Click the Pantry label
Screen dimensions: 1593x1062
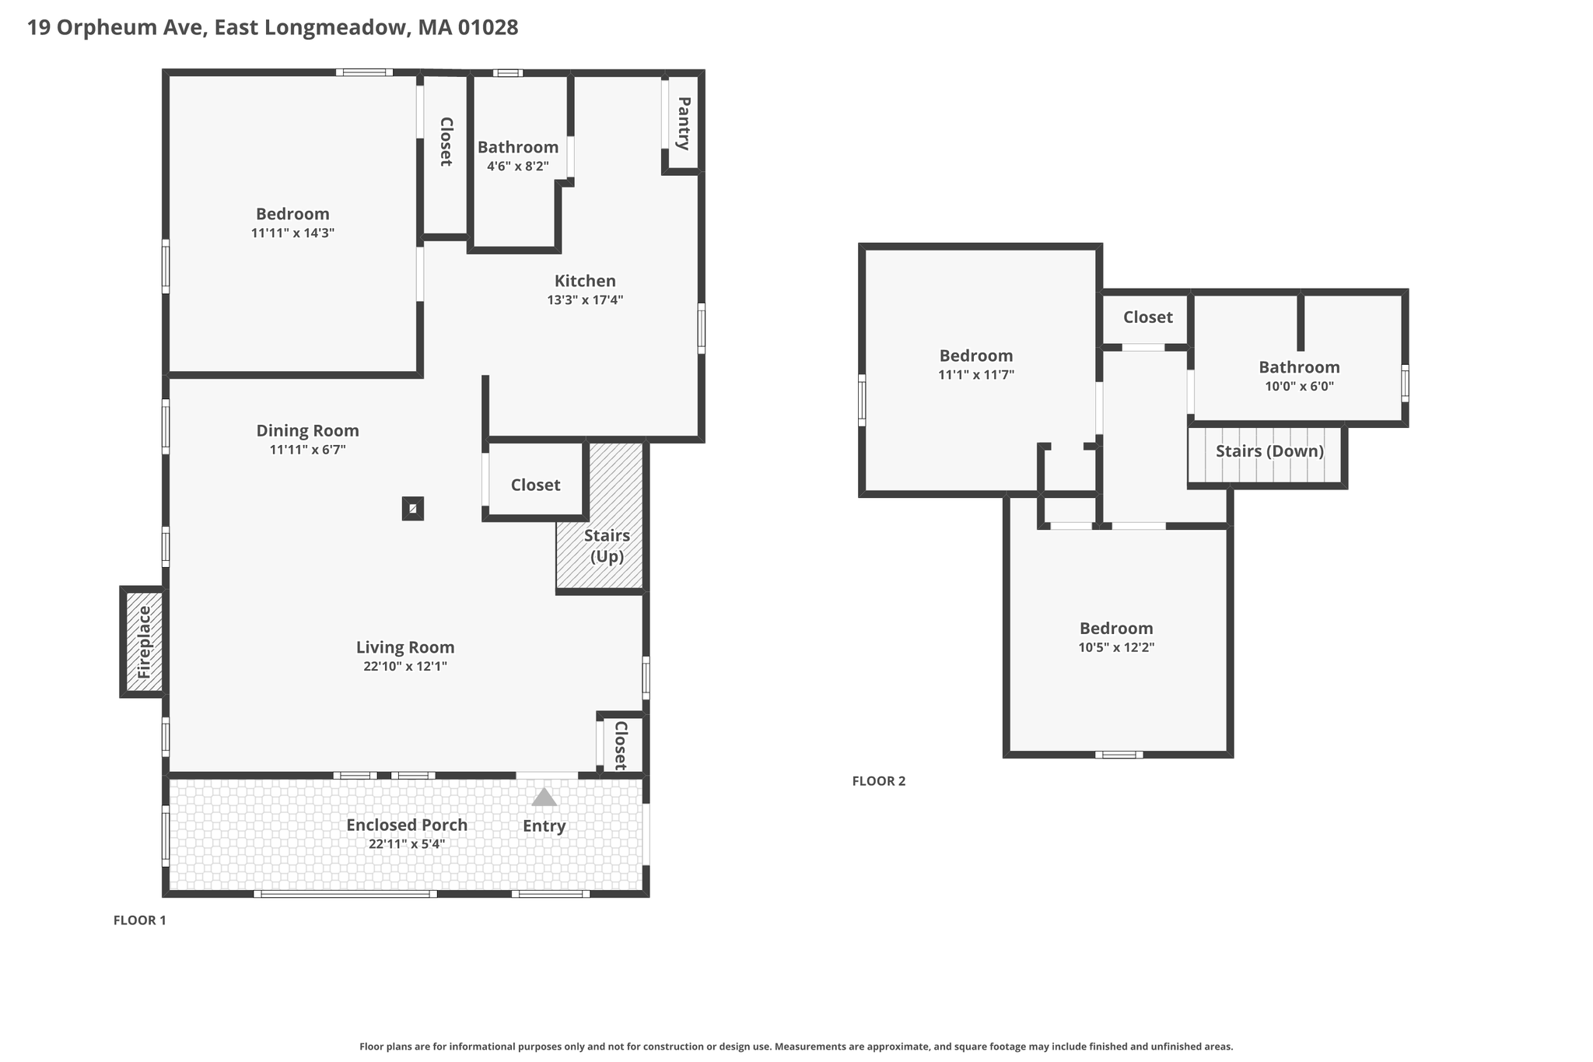[684, 123]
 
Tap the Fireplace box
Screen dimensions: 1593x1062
[143, 642]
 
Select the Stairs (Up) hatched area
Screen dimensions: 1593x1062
[600, 516]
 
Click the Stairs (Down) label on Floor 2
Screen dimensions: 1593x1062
[1269, 451]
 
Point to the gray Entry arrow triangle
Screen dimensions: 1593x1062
[544, 797]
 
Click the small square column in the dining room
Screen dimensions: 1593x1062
[413, 509]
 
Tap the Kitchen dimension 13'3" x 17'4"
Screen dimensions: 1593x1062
[585, 300]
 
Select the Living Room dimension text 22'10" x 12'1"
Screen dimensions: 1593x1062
[405, 666]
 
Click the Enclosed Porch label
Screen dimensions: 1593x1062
[407, 825]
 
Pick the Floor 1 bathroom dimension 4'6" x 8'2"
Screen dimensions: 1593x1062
[518, 166]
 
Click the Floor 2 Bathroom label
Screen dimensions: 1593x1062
[1299, 367]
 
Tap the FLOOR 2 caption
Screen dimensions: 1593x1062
[879, 781]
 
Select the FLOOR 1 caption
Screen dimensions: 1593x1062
[140, 920]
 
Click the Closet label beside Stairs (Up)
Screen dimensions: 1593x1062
[535, 485]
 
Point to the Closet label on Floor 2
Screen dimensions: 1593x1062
[1147, 317]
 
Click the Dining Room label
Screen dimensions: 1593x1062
[308, 430]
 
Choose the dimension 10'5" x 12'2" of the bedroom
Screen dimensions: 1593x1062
[1116, 647]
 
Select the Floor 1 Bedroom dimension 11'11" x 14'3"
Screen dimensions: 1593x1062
[292, 233]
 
